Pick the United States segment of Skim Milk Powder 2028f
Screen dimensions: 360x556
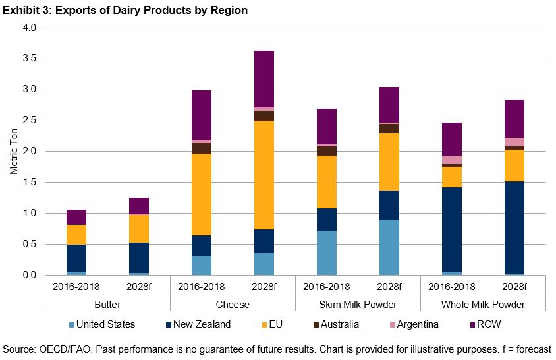pos(389,247)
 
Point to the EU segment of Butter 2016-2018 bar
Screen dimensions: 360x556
pos(76,235)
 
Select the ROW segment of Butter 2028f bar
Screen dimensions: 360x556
pos(139,206)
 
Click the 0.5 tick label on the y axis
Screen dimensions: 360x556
pos(30,244)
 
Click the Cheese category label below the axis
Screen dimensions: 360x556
pos(233,305)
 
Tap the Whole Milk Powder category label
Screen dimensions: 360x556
pos(483,305)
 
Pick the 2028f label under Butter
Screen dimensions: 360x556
pos(139,287)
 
